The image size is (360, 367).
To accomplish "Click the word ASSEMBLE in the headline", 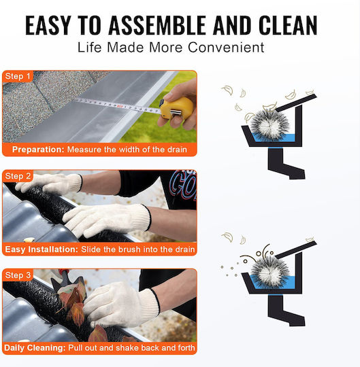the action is click(157, 25).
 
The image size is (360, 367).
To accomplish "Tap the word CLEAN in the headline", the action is click(288, 25).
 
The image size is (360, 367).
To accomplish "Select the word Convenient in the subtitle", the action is click(226, 48).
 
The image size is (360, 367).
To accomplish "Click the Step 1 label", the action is click(18, 76).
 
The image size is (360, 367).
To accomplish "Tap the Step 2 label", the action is click(18, 176).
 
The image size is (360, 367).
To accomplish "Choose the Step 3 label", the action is click(18, 275).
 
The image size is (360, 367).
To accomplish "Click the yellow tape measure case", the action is click(177, 108).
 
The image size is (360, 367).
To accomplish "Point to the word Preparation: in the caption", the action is click(38, 150).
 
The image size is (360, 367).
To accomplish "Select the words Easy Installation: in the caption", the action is click(42, 249).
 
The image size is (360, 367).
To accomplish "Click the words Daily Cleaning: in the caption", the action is click(35, 348).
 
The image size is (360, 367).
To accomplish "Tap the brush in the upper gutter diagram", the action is click(269, 123).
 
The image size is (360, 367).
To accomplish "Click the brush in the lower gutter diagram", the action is click(269, 270).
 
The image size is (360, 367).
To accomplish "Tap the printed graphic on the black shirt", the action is click(183, 185).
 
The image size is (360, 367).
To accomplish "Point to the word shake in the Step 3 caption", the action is click(127, 348).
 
